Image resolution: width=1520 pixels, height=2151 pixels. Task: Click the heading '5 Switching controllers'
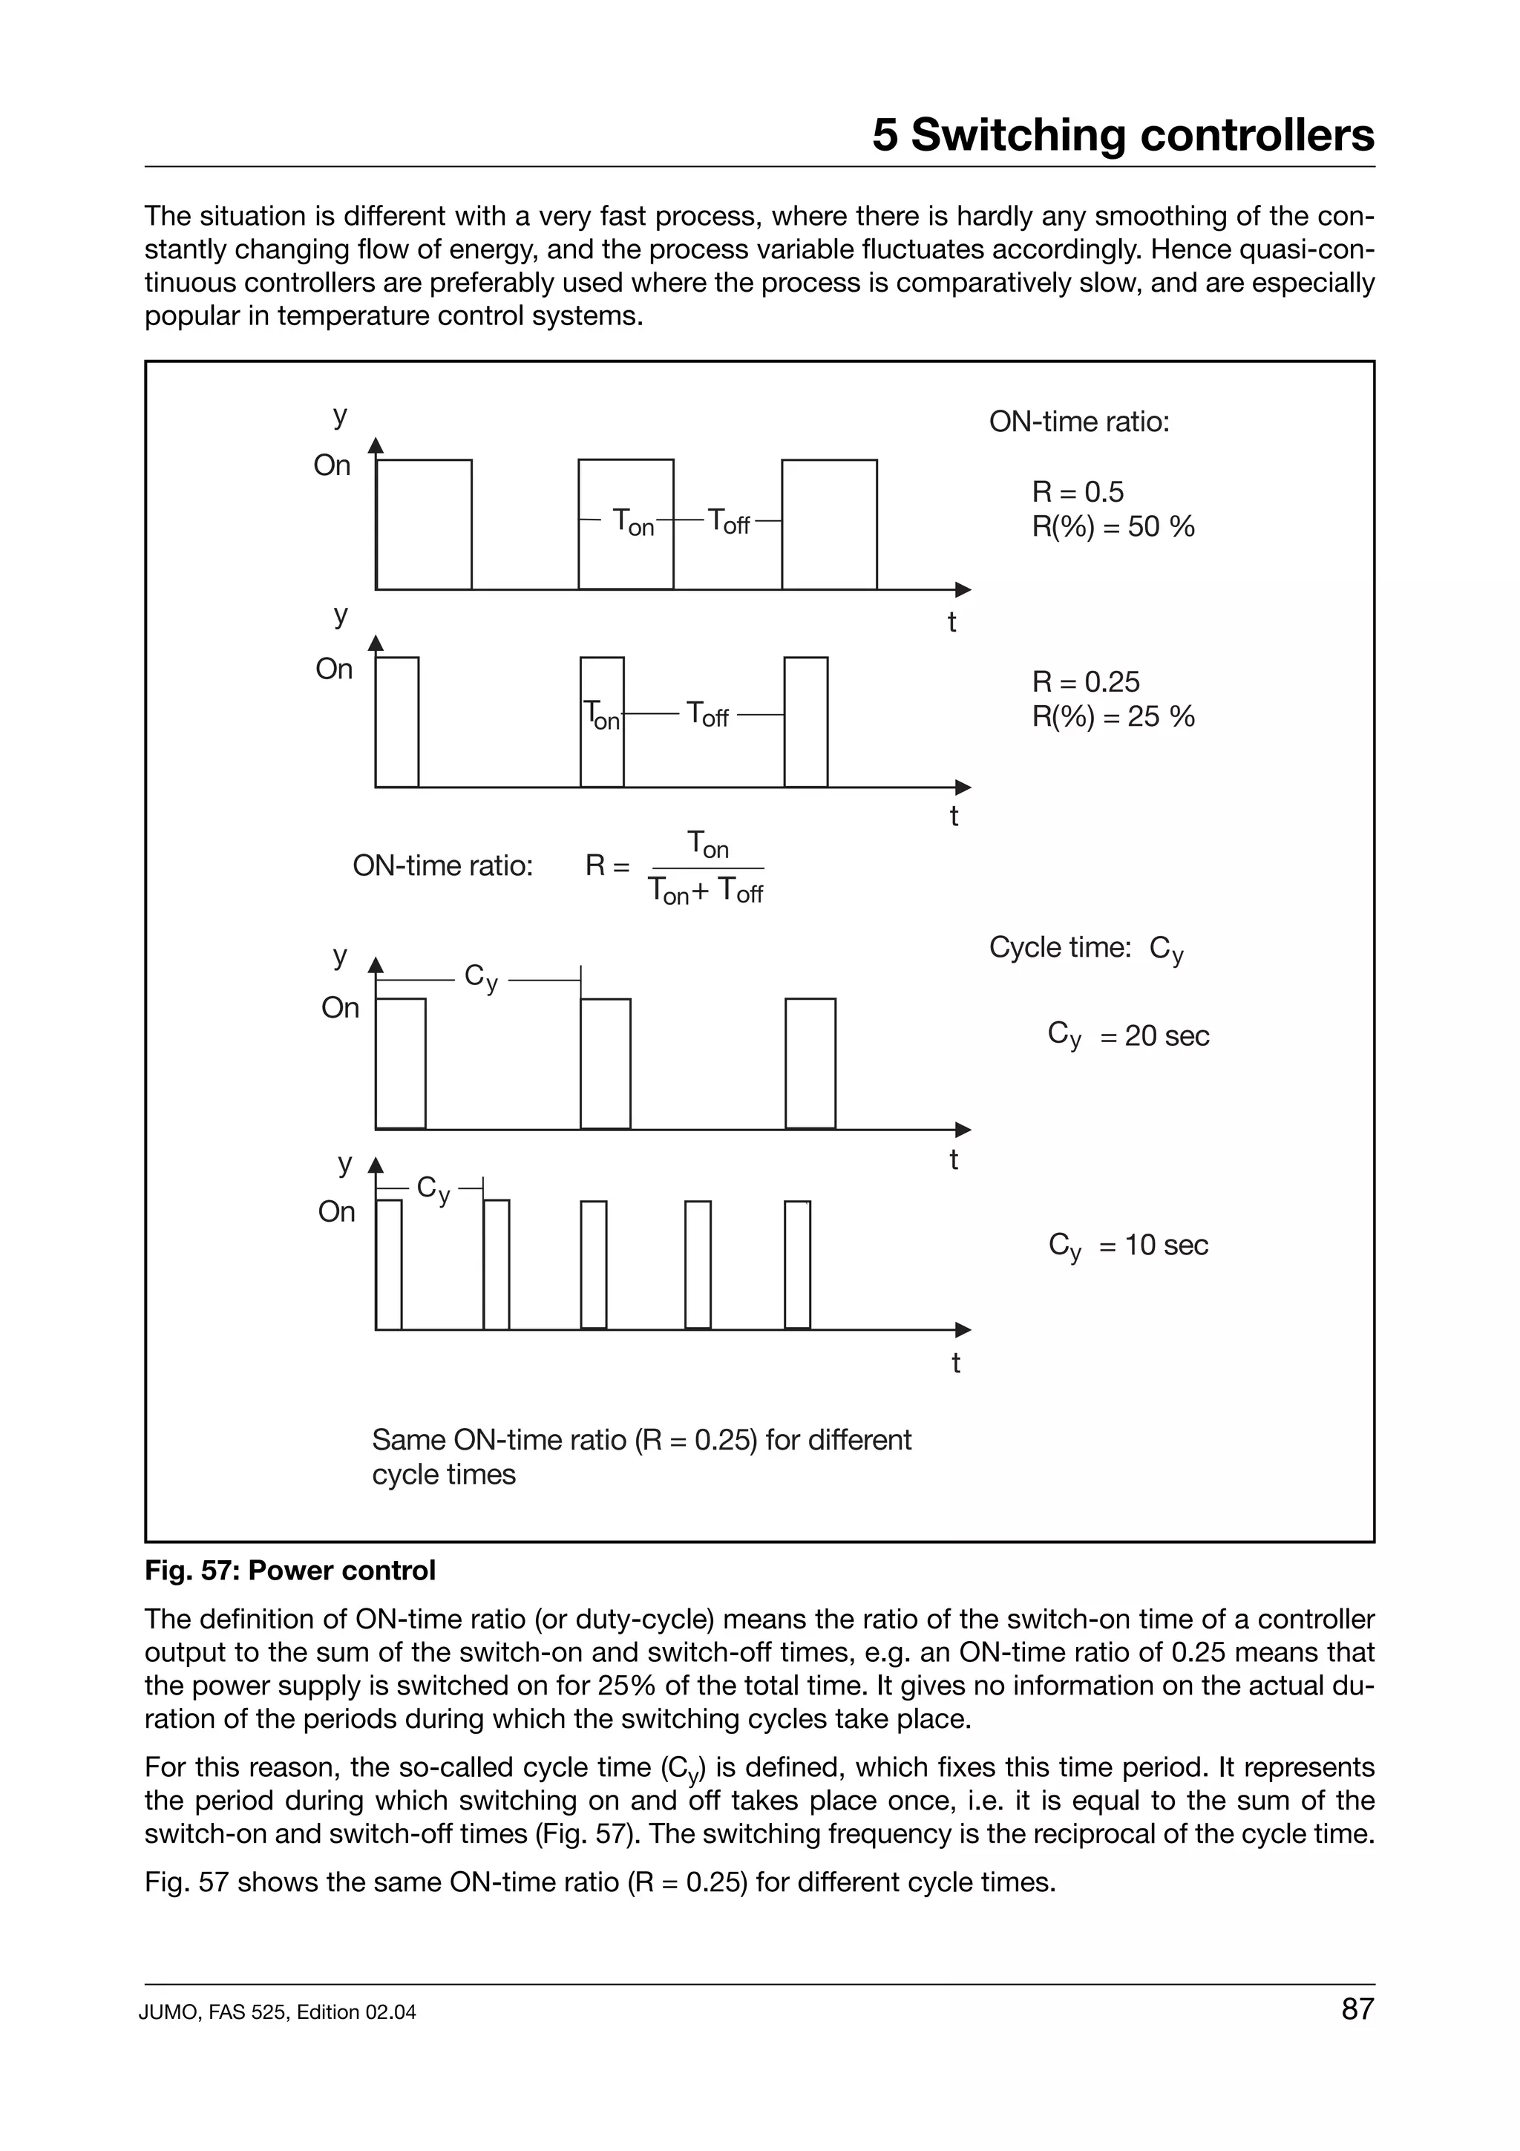(1123, 136)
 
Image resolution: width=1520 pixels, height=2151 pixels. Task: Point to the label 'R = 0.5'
(1077, 492)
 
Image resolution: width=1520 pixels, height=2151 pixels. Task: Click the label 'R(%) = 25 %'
(1113, 717)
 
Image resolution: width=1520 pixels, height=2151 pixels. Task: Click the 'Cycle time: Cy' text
(1087, 948)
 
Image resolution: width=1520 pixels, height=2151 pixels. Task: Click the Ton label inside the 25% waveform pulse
(601, 716)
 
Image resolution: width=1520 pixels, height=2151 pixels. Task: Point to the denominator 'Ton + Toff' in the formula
(706, 891)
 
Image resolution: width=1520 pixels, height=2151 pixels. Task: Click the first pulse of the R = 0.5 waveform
(425, 525)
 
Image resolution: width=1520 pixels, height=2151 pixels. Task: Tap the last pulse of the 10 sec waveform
(797, 1265)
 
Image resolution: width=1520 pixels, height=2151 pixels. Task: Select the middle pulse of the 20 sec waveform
(605, 1064)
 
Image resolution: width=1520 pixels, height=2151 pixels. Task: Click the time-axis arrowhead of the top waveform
(963, 589)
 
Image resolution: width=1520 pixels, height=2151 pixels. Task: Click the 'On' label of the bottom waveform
(336, 1211)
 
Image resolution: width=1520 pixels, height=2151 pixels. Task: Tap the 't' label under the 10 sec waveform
(955, 1363)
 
